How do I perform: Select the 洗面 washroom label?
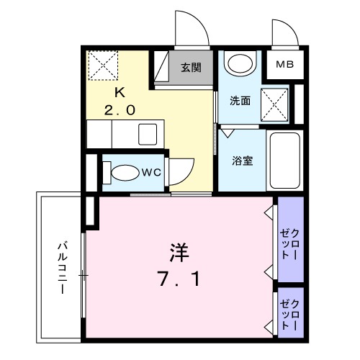[x=240, y=102]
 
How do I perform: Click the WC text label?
[x=151, y=172]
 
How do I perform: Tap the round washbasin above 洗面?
[x=240, y=63]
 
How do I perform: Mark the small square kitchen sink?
[x=149, y=134]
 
